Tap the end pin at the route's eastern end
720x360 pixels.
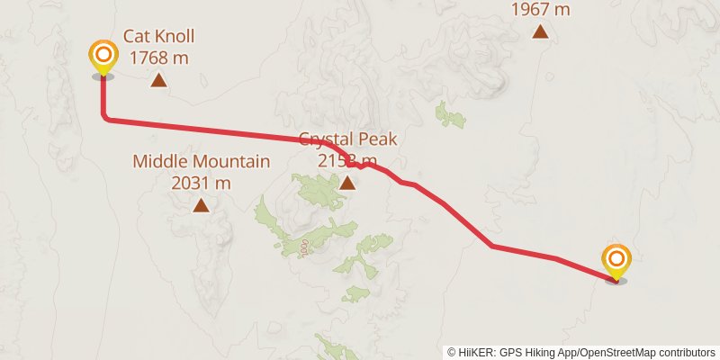click(x=616, y=262)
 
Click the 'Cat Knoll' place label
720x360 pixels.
click(x=158, y=36)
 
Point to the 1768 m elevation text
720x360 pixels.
click(x=158, y=58)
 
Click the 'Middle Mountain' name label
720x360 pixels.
click(x=201, y=162)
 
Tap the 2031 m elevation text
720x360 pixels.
click(x=201, y=183)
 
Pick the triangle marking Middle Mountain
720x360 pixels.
click(x=201, y=206)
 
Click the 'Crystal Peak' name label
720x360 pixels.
click(x=347, y=139)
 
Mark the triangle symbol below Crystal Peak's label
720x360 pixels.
click(x=347, y=184)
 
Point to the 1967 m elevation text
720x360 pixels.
click(x=540, y=10)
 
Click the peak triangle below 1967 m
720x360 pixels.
click(x=540, y=32)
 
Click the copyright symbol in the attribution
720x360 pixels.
click(x=452, y=352)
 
